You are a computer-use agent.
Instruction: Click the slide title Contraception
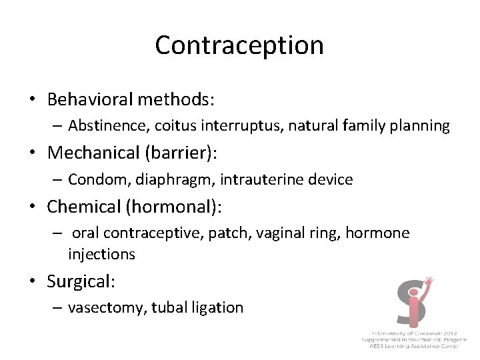[x=239, y=45]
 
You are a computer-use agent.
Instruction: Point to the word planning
[x=420, y=125]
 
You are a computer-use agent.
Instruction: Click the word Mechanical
[x=93, y=153]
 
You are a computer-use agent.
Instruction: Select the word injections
[x=101, y=254]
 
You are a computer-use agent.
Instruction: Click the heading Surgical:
[x=81, y=281]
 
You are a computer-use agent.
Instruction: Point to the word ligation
[x=221, y=308]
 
